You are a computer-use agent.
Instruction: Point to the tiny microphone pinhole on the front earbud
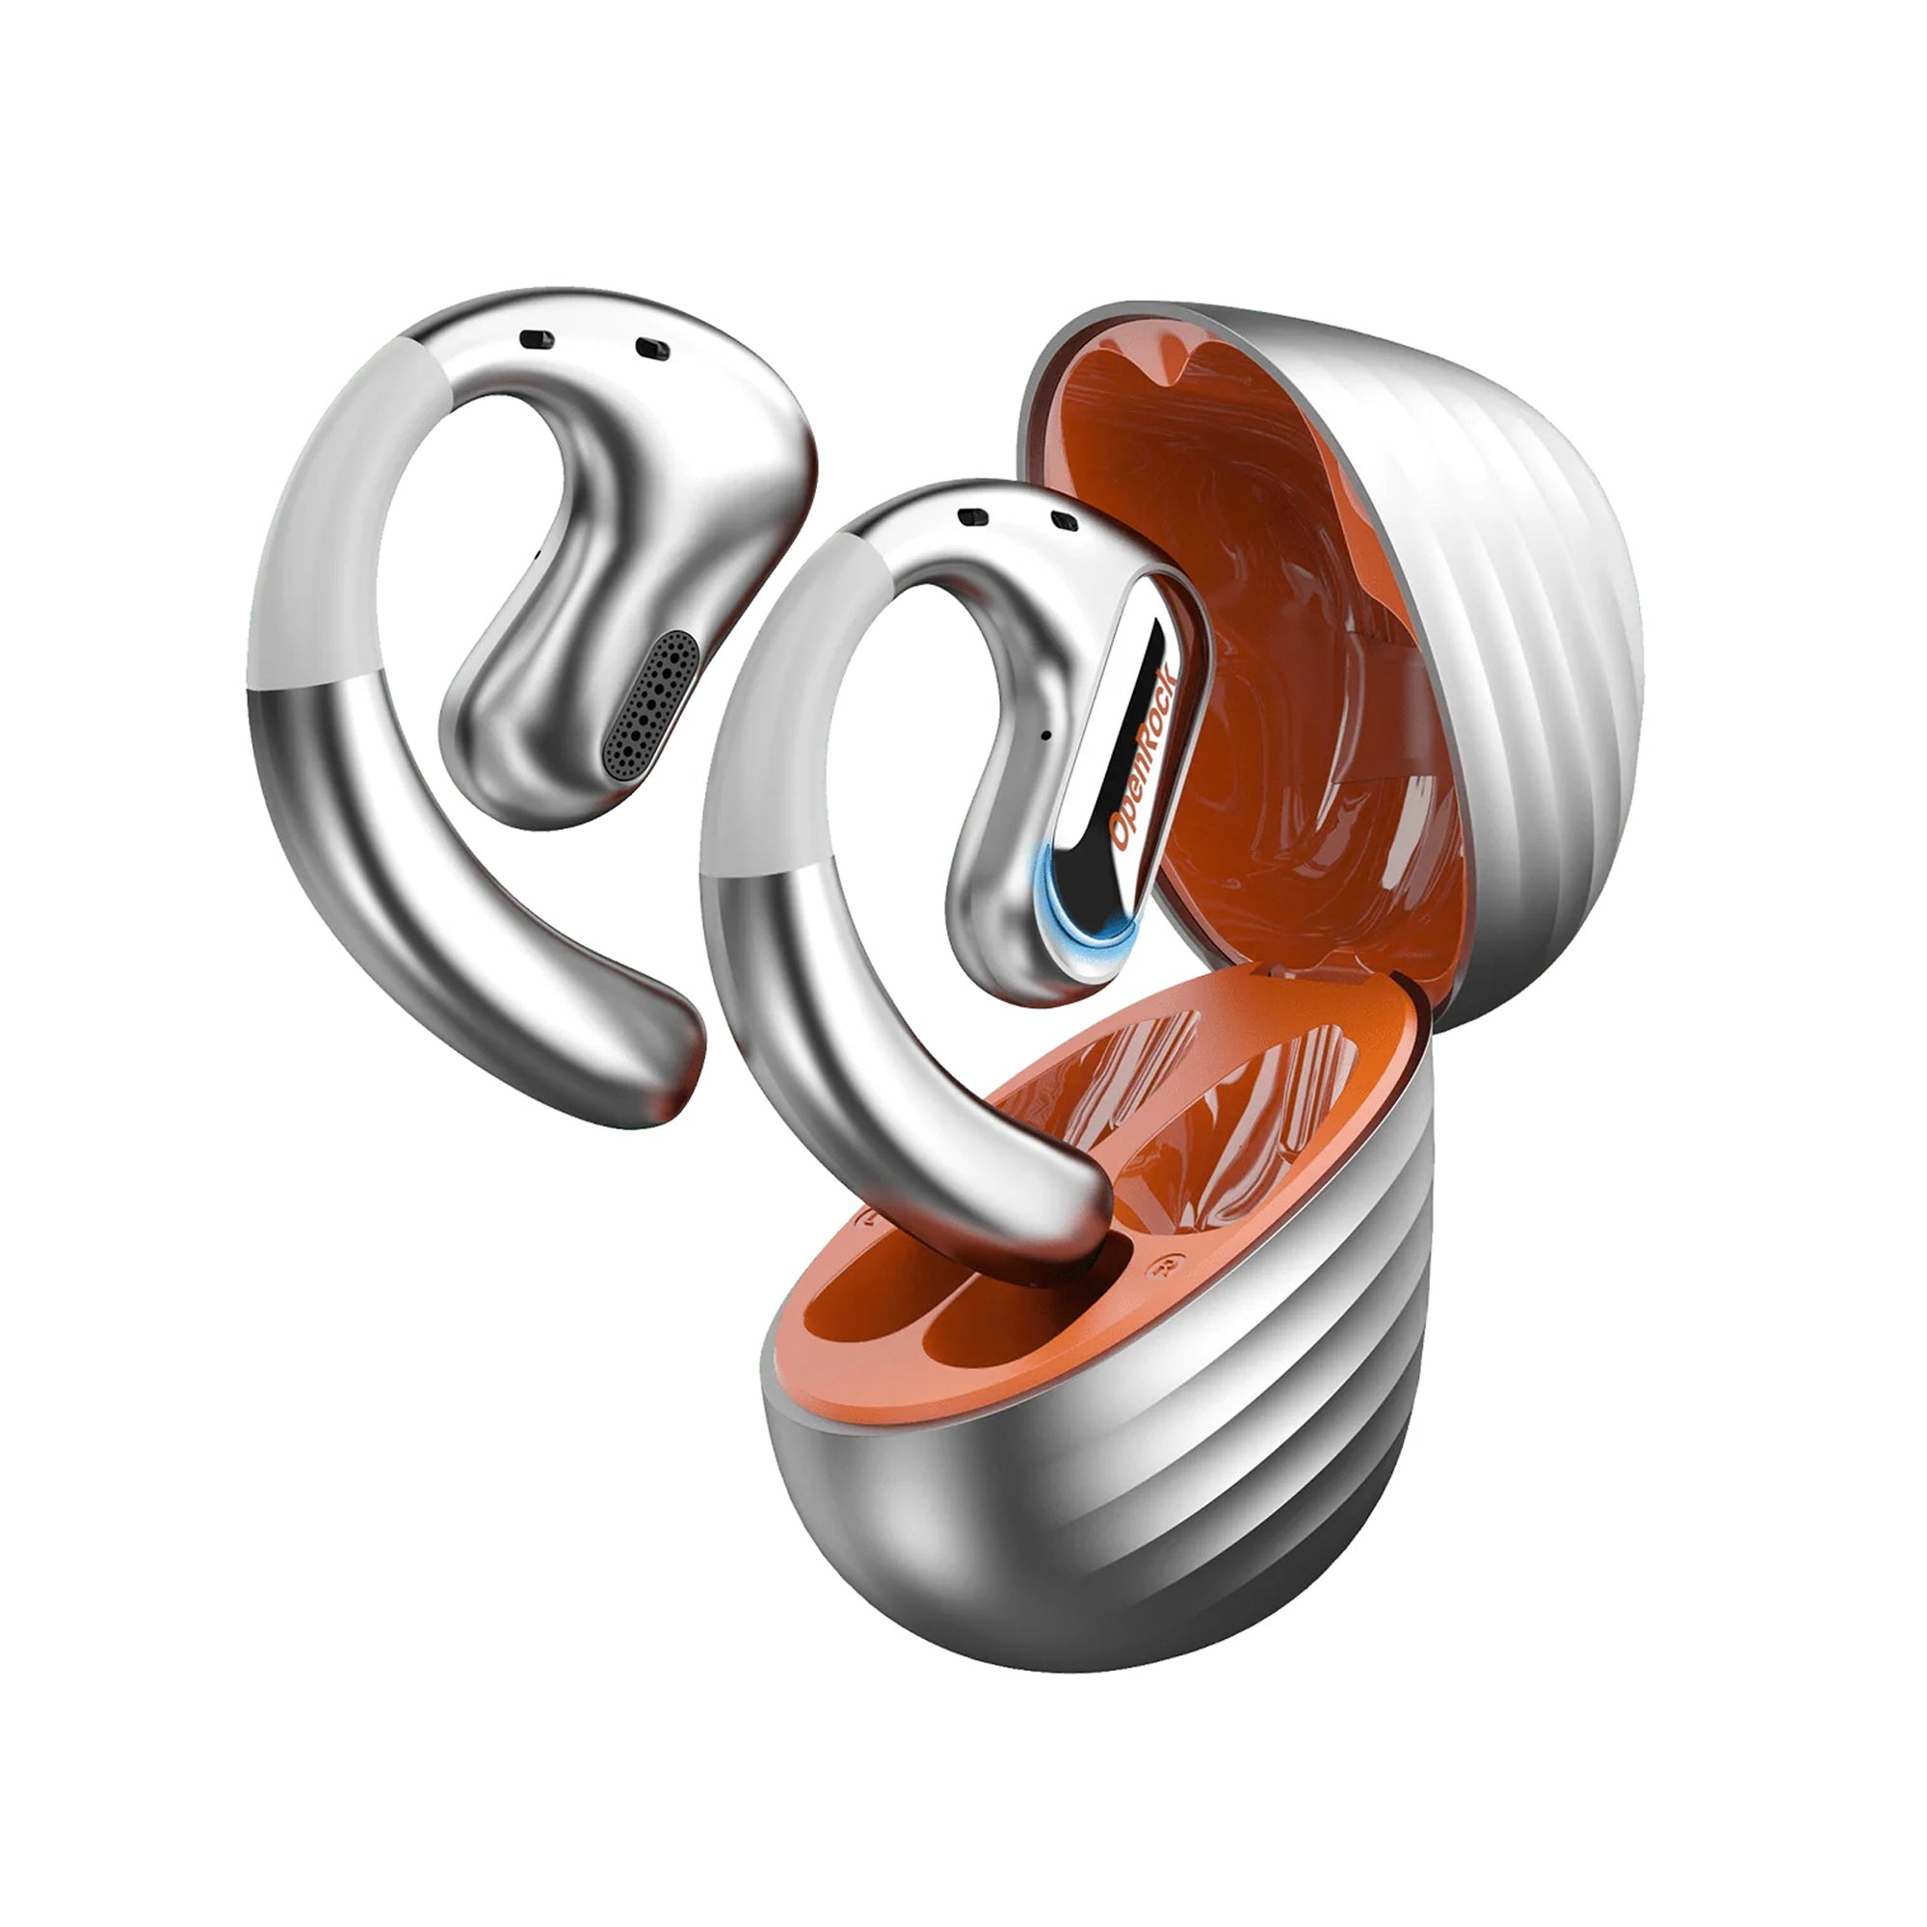[x=1044, y=735]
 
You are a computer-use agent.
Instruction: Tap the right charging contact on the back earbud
[x=653, y=349]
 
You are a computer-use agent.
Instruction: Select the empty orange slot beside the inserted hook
[x=983, y=1327]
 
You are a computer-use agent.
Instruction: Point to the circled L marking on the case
[x=870, y=1219]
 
